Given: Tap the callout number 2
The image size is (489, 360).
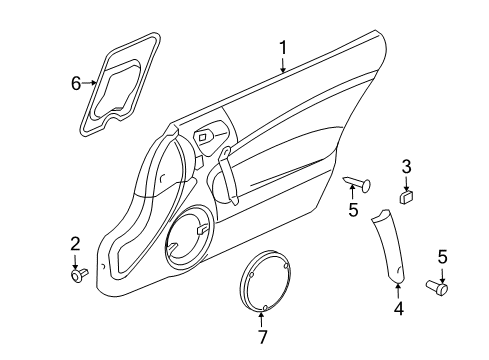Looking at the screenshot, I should coord(75,244).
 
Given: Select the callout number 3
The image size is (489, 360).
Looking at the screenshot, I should coord(407,166).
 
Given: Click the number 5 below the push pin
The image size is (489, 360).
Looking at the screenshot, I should coord(351,210).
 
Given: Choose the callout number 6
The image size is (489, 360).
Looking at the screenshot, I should coord(74,83).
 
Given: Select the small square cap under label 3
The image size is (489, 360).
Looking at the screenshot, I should coord(407,197).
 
